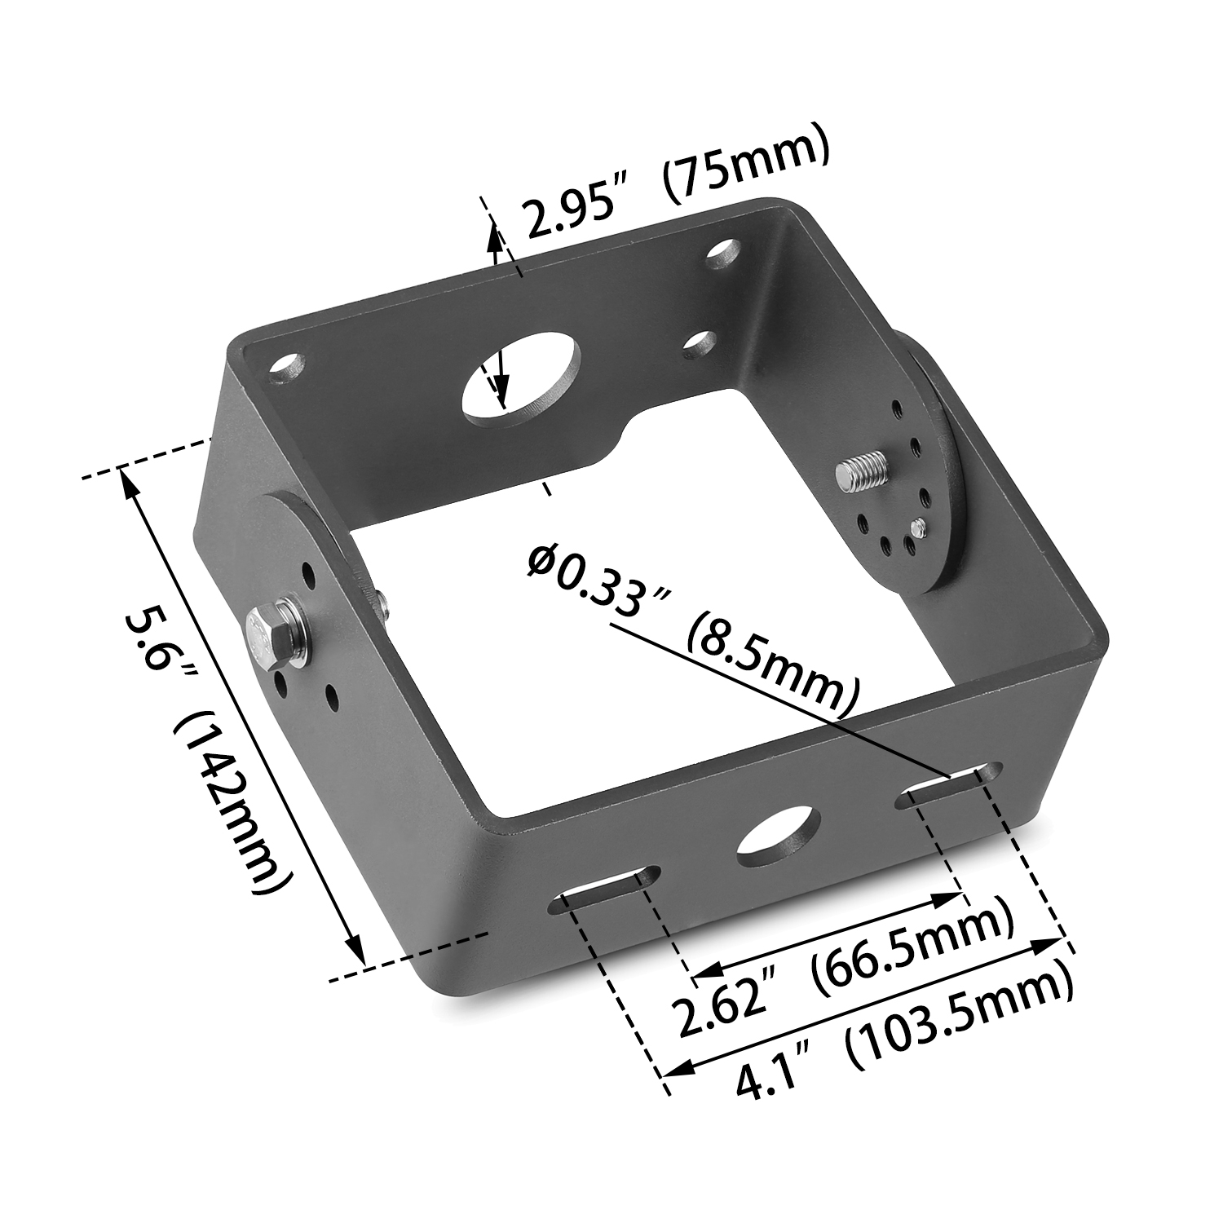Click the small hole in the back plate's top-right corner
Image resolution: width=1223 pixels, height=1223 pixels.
coord(722,254)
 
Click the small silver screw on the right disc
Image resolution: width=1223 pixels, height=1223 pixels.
coord(919,528)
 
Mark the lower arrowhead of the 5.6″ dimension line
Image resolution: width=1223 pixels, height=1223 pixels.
coord(354,950)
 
